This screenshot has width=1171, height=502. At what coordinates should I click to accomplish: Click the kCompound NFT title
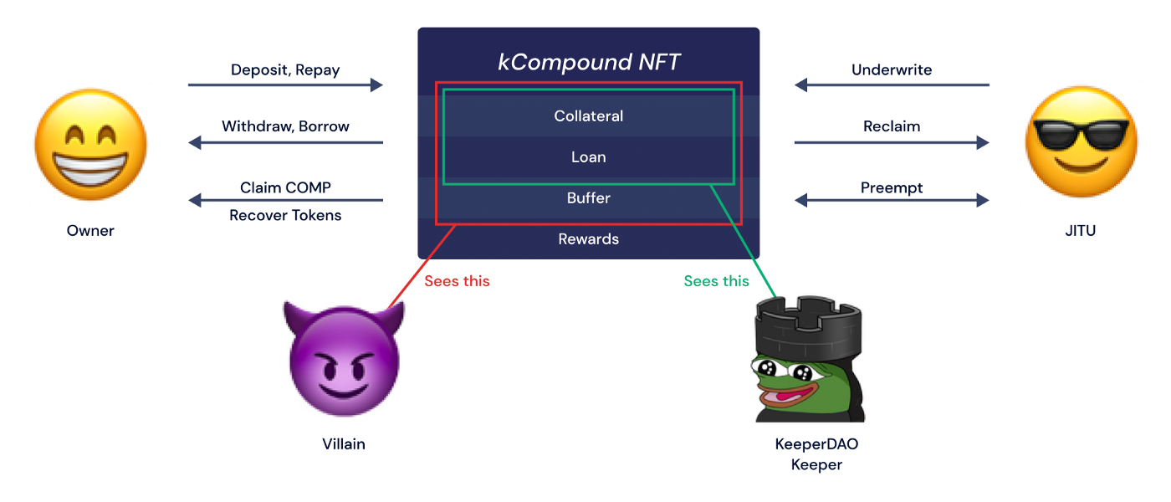click(x=589, y=63)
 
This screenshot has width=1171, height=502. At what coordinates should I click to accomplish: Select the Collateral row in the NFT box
click(x=589, y=116)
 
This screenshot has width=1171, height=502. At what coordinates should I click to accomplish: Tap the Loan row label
click(x=589, y=157)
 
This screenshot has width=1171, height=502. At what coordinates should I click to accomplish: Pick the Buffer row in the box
click(x=589, y=198)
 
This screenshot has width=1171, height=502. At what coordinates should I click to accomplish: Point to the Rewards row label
click(x=589, y=239)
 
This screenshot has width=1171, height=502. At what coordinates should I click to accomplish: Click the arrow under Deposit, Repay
click(x=285, y=85)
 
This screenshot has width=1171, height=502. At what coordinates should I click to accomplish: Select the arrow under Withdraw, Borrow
click(x=285, y=142)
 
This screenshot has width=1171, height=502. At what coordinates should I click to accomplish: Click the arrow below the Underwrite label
click(x=892, y=85)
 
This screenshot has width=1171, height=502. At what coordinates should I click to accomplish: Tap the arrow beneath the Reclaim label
click(x=892, y=142)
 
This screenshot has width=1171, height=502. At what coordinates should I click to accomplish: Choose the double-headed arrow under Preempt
click(x=892, y=200)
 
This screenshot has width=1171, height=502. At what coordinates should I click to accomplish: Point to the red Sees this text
click(x=457, y=281)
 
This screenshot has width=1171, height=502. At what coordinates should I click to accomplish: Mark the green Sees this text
click(x=716, y=281)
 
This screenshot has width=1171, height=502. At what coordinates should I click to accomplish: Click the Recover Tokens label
click(x=285, y=215)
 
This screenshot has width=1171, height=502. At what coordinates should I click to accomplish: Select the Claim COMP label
click(x=285, y=187)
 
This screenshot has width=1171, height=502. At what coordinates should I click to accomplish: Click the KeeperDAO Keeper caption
click(x=816, y=454)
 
